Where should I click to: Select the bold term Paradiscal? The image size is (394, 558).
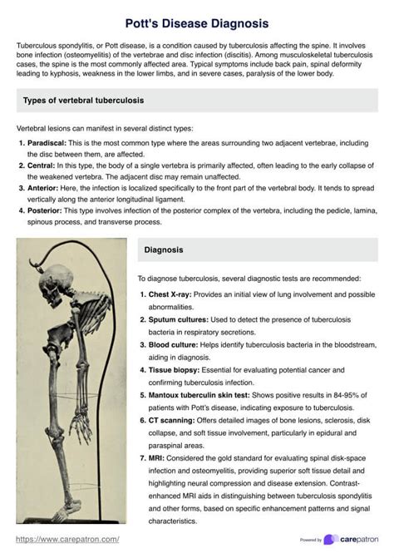pyautogui.click(x=46, y=143)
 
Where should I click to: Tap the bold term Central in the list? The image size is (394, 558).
pyautogui.click(x=41, y=166)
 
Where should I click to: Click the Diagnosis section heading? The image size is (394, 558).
pyautogui.click(x=164, y=249)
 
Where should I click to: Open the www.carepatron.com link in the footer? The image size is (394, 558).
pyautogui.click(x=67, y=539)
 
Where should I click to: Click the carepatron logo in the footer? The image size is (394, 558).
pyautogui.click(x=353, y=539)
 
